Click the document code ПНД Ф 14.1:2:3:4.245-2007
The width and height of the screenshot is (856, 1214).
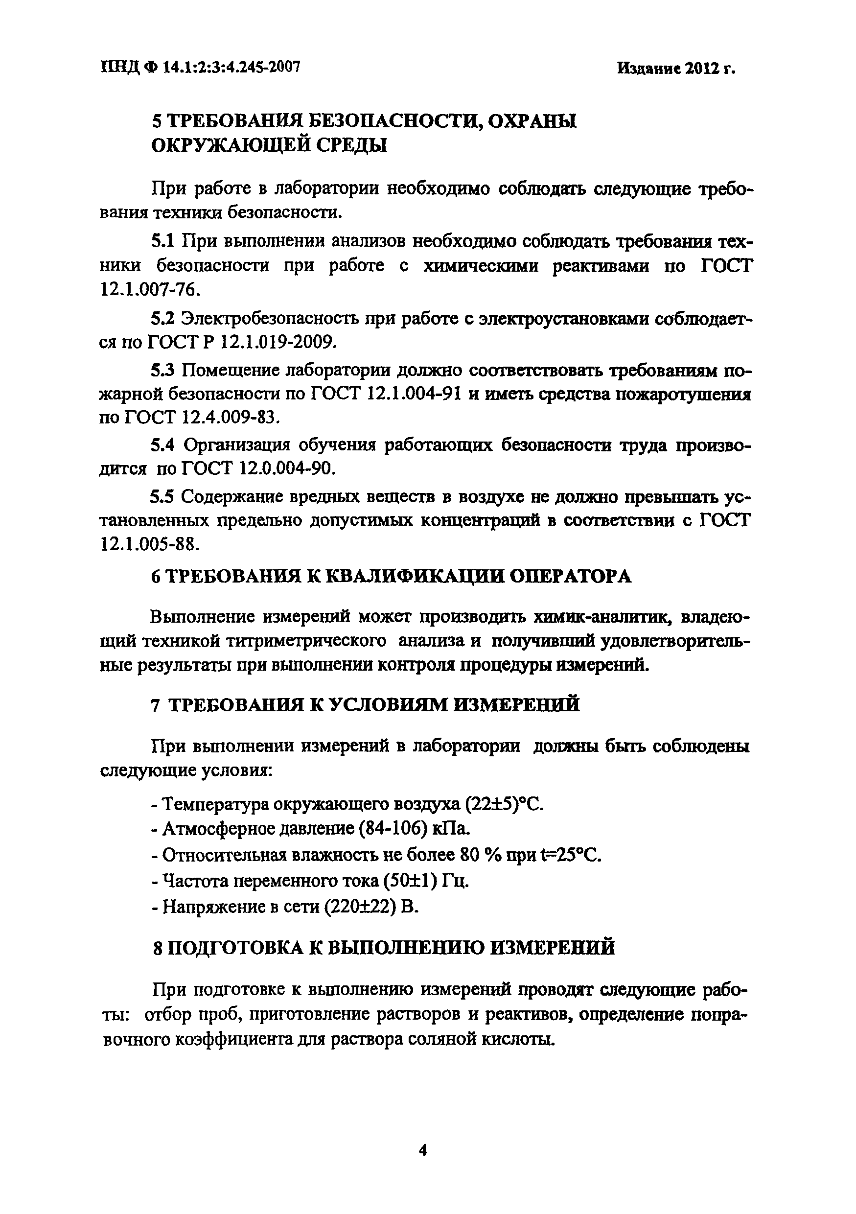200,67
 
